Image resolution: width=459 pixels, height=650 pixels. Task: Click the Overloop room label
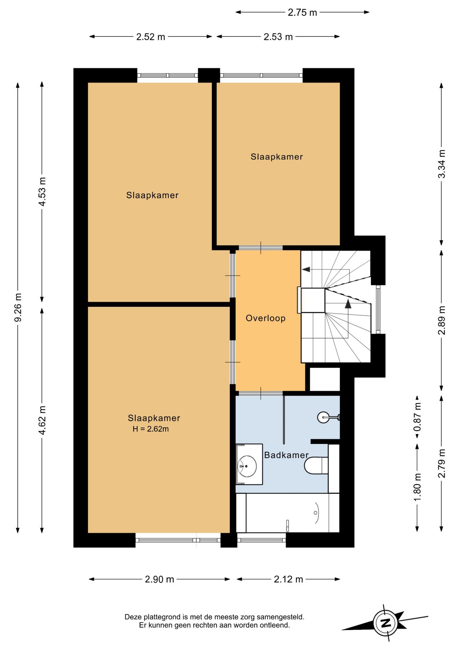click(265, 318)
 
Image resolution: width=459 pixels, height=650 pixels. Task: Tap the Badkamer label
click(286, 455)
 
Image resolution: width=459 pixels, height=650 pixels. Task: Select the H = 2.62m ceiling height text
click(151, 429)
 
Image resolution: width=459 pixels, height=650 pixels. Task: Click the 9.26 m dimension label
click(18, 307)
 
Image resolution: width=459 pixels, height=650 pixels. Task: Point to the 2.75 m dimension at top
click(302, 13)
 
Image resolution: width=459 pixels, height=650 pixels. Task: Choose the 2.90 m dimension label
click(160, 579)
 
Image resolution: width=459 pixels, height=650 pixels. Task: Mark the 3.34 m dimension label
click(441, 164)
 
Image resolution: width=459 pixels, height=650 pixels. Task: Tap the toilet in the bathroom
click(316, 465)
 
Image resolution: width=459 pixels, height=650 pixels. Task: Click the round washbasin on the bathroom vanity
click(247, 466)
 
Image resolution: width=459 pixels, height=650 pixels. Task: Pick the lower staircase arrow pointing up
click(348, 319)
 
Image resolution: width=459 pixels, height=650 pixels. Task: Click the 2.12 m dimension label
click(288, 579)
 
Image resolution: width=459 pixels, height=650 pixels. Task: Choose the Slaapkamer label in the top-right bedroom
click(276, 157)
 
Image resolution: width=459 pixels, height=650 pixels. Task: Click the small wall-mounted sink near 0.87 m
click(327, 417)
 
